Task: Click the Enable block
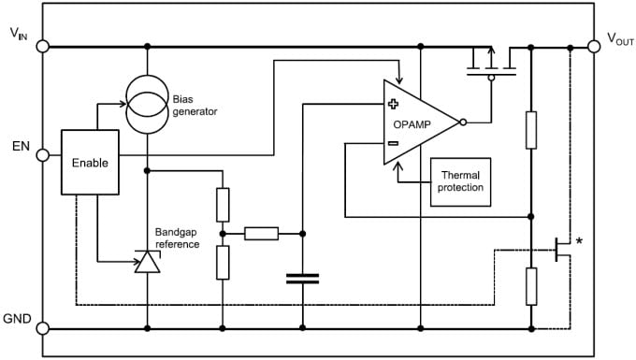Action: click(x=90, y=162)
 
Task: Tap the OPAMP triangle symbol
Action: click(x=416, y=122)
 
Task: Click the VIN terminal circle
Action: click(x=42, y=46)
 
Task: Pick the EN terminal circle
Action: click(x=42, y=155)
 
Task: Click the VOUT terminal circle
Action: click(x=593, y=46)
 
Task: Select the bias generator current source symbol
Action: click(x=148, y=103)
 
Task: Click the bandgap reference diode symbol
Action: click(x=148, y=263)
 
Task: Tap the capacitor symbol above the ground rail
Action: click(x=302, y=278)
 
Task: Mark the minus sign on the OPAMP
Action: click(x=394, y=143)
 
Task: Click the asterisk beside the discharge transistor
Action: click(x=579, y=242)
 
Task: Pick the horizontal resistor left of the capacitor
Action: click(x=261, y=233)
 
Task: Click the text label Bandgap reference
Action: click(x=178, y=238)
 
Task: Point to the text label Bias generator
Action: click(x=195, y=104)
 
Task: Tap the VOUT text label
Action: click(x=619, y=38)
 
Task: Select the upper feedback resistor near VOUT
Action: click(x=530, y=129)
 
